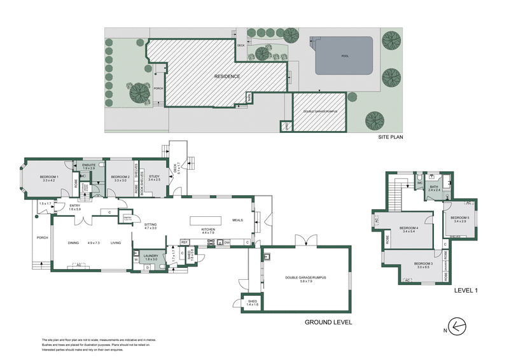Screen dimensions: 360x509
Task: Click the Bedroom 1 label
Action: (x=49, y=178)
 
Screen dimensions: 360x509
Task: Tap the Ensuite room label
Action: (x=88, y=167)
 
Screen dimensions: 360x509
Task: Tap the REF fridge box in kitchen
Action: (x=185, y=242)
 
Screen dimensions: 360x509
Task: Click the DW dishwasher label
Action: (x=227, y=242)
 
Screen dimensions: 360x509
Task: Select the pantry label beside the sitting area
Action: (x=127, y=218)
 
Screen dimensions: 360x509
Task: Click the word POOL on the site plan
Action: (x=345, y=56)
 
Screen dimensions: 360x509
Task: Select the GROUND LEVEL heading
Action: (x=328, y=322)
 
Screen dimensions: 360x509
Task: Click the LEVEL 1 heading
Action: (x=466, y=290)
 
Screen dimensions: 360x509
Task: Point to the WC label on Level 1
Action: (x=420, y=184)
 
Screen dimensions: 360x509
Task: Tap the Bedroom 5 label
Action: (x=461, y=219)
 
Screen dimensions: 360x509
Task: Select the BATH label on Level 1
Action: (x=435, y=188)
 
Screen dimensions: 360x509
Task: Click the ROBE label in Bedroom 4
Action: (x=387, y=240)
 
